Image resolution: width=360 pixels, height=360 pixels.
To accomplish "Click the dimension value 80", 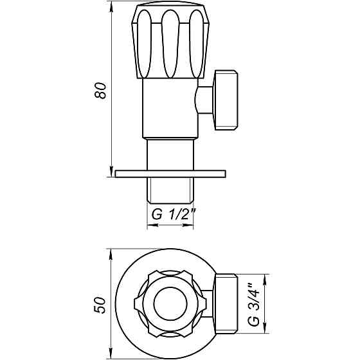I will pyautogui.click(x=100, y=91).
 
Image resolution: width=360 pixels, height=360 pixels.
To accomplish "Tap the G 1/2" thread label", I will pyautogui.click(x=170, y=215).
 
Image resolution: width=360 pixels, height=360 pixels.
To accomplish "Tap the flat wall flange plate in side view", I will pyautogui.click(x=170, y=174).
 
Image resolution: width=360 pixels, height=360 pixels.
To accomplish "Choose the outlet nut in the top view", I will pyautogui.click(x=228, y=304).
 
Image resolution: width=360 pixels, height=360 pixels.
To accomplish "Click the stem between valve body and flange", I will pyautogui.click(x=170, y=154).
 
